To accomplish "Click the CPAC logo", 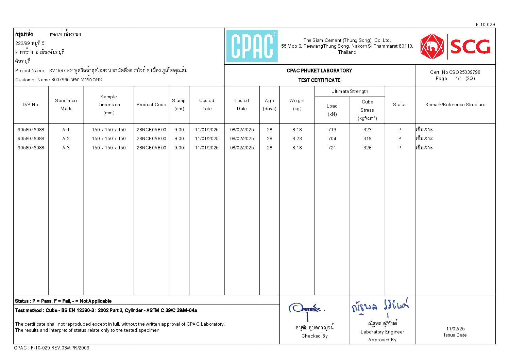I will (x=252, y=46).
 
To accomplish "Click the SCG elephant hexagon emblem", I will (x=432, y=47).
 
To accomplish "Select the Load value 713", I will (x=332, y=130).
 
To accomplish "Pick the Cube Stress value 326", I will (x=367, y=148).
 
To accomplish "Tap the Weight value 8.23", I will (x=297, y=138).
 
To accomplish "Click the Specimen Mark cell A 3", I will (x=66, y=148).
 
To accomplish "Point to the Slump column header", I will (x=179, y=104).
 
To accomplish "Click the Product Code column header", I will (x=151, y=104).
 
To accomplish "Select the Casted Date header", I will (x=206, y=104).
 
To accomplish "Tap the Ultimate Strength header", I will (x=350, y=91).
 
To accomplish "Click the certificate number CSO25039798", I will (x=465, y=72).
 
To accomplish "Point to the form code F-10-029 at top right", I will (x=485, y=24).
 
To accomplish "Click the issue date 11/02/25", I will (x=455, y=328).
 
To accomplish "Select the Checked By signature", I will (x=306, y=310).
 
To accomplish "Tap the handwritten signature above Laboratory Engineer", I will (x=380, y=307).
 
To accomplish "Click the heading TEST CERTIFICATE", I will (x=319, y=80).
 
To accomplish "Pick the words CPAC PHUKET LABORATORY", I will (x=319, y=70).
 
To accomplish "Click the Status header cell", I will (x=400, y=104).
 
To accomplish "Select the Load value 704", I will (x=332, y=138).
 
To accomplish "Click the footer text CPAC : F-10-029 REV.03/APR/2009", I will (x=52, y=348).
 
